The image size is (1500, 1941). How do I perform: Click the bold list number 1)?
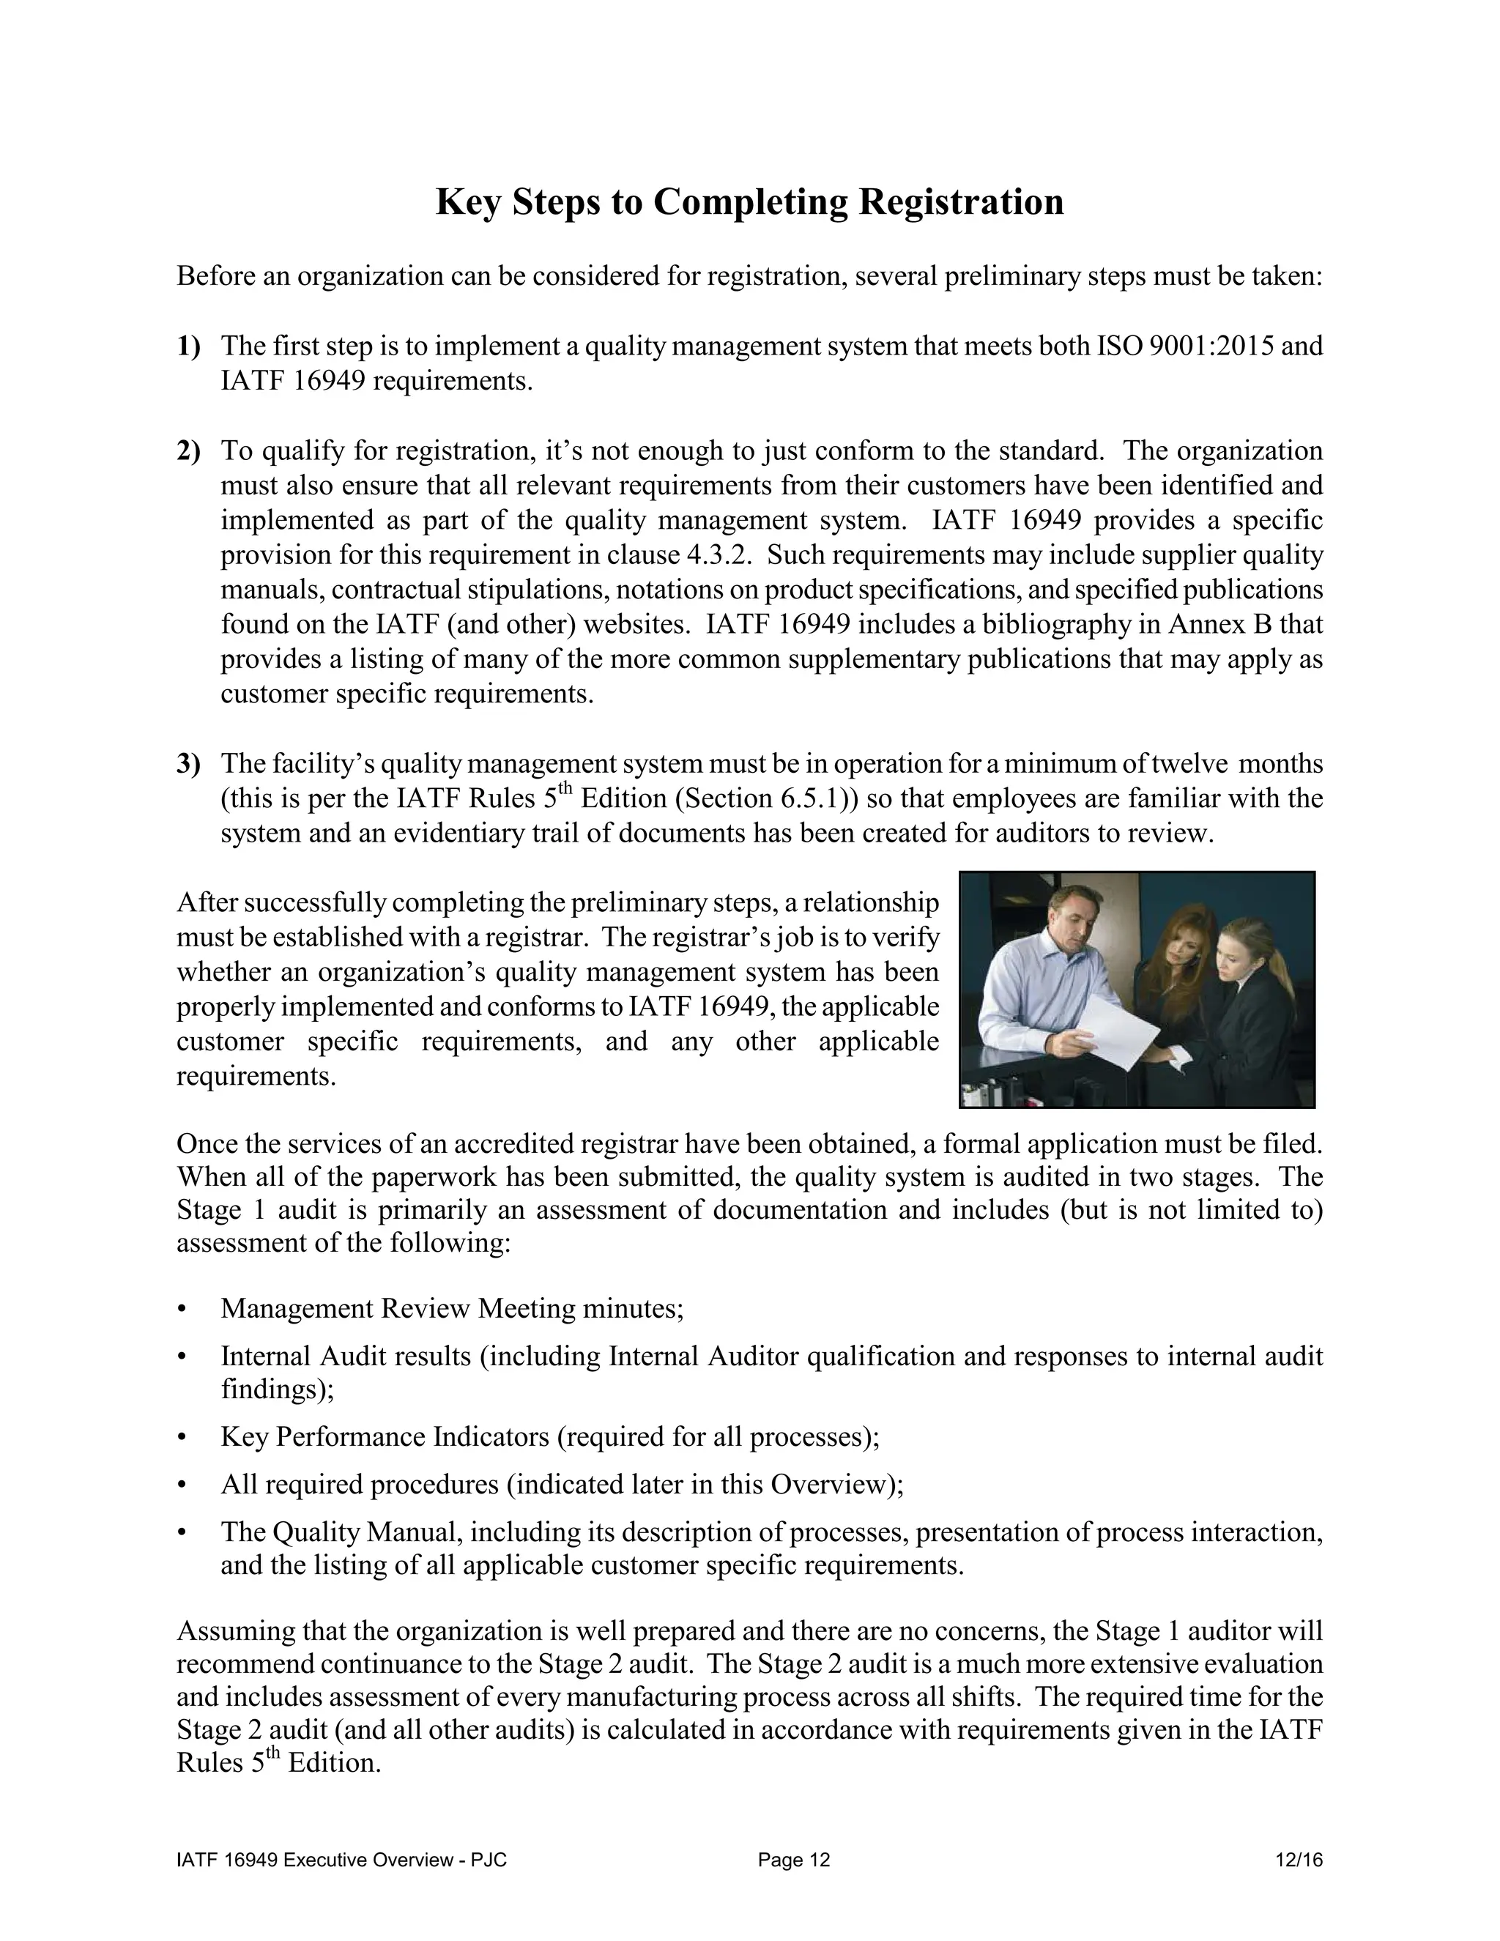(188, 346)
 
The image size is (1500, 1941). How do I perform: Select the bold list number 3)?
(188, 763)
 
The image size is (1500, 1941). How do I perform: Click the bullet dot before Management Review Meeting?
(183, 1309)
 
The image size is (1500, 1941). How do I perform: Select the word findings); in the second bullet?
(278, 1389)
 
